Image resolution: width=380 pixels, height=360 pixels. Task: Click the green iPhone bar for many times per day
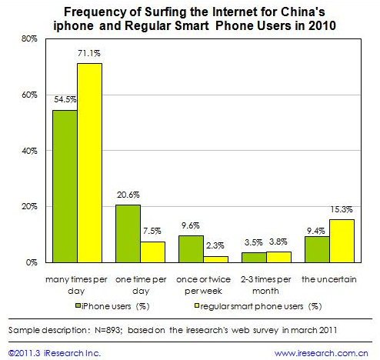[x=65, y=186]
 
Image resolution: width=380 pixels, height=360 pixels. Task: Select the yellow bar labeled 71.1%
[x=88, y=163]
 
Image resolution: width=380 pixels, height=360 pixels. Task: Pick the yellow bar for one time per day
[x=152, y=252]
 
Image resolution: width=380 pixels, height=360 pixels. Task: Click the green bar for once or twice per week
[x=191, y=249]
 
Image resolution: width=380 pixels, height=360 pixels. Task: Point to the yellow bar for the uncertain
[x=341, y=242]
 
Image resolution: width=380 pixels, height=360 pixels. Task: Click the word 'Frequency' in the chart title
[x=95, y=12]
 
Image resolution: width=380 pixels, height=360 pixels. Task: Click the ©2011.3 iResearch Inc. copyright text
[x=54, y=352]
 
